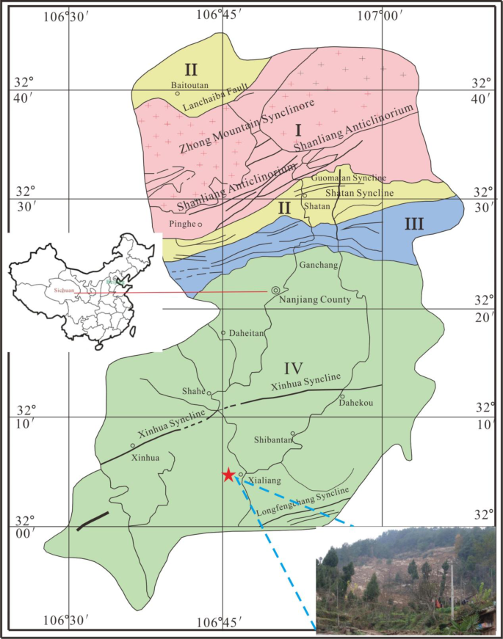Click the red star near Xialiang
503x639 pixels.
pos(228,475)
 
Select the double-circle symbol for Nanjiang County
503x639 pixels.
pos(275,291)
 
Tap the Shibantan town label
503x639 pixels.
pos(273,440)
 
